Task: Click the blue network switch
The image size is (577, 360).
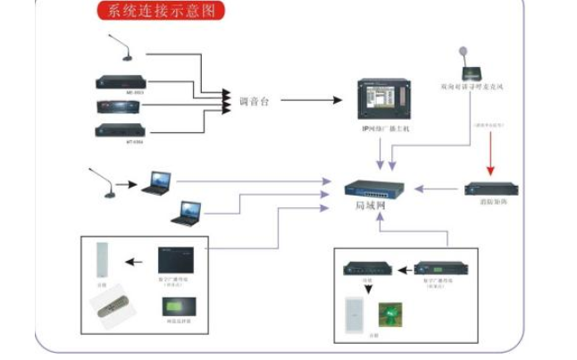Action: [x=374, y=188]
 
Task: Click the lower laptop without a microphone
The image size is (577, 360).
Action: [x=188, y=213]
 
